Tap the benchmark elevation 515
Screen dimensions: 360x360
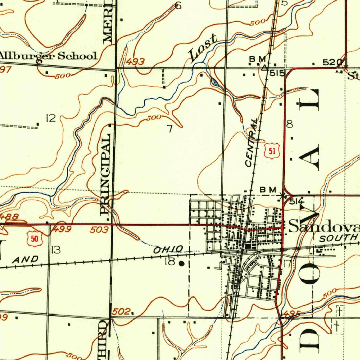(277, 73)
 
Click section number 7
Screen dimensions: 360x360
(170, 129)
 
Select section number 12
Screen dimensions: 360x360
(51, 118)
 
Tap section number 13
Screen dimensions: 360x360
(56, 250)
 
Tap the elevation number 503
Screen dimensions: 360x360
(99, 230)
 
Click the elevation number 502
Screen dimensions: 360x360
(121, 311)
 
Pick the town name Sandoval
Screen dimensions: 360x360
(323, 227)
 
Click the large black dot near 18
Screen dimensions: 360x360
(181, 263)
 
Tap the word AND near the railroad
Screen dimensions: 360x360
(25, 260)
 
